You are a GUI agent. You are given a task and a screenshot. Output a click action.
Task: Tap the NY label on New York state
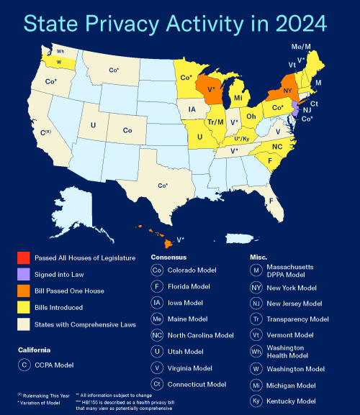(x=287, y=91)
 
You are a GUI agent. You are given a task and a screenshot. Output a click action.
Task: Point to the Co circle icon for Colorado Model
(x=157, y=270)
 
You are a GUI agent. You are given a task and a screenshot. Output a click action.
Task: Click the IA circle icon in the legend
(x=157, y=303)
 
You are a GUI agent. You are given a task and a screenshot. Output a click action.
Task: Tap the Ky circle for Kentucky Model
(x=256, y=401)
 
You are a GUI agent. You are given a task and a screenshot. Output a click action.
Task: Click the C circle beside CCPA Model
(x=24, y=365)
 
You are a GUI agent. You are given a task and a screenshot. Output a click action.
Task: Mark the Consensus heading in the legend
(x=168, y=257)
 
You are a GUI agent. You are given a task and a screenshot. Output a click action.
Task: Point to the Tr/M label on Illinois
(x=215, y=122)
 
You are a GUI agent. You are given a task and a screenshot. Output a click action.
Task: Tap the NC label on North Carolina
(x=276, y=146)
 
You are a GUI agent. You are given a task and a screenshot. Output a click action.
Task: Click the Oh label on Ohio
(x=251, y=116)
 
